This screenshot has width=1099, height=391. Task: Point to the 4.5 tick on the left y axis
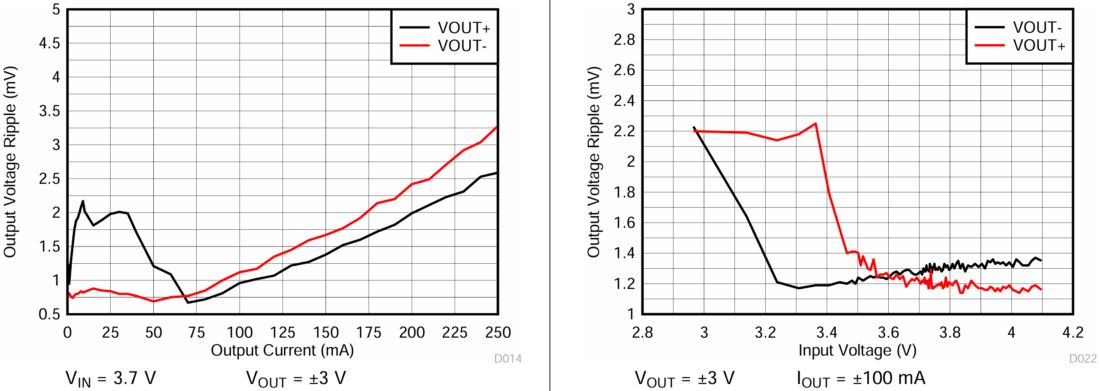point(49,43)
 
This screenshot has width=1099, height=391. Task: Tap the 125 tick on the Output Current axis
point(282,333)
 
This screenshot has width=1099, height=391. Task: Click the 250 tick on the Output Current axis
point(497,333)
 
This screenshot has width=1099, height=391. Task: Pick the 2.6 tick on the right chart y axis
point(624,70)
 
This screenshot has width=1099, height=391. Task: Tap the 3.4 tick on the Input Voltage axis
point(827,333)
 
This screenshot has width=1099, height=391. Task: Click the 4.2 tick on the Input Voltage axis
point(1073,333)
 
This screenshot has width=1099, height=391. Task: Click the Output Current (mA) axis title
point(282,350)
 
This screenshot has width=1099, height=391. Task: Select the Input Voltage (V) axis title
point(858,350)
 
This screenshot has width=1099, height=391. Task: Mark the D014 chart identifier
point(508,359)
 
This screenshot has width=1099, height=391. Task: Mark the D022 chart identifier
point(1083,359)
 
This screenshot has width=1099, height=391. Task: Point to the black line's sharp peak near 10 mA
point(83,201)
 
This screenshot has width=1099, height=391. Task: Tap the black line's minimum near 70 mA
point(188,303)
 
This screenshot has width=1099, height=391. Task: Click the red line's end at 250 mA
point(497,127)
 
